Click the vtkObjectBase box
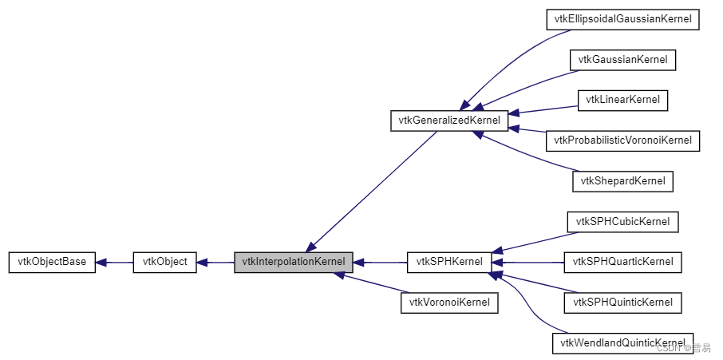click(52, 262)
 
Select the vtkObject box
click(164, 262)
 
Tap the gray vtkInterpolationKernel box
click(293, 262)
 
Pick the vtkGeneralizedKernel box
click(448, 121)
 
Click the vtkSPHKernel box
click(448, 262)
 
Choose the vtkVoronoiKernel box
click(449, 303)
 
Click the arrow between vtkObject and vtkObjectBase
click(114, 262)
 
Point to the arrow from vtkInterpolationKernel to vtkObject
click(215, 262)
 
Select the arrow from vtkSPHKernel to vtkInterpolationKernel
click(380, 262)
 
